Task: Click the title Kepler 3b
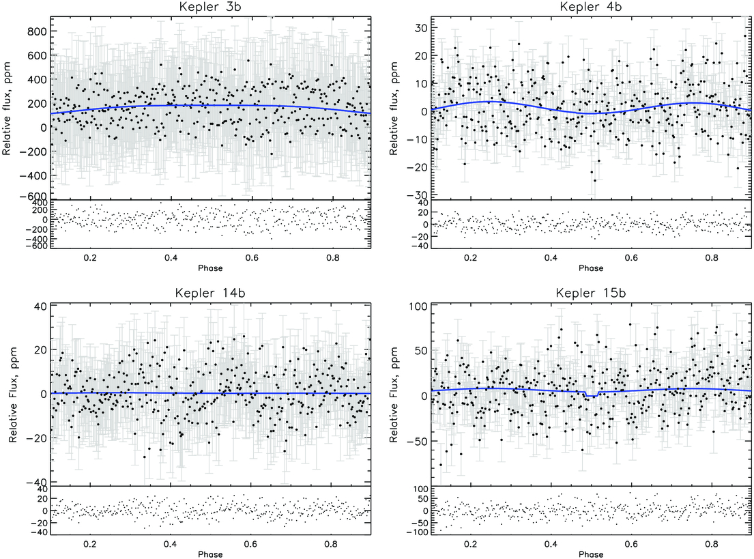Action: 210,7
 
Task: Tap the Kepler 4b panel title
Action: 590,7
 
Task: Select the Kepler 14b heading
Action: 210,293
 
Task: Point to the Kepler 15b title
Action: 590,293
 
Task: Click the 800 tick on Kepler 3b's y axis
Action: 37,31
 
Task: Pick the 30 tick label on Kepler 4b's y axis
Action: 421,29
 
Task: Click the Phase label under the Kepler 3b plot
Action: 210,268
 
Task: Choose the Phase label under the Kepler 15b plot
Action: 590,554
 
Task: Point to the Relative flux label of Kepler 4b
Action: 394,109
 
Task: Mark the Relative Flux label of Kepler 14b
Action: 14,395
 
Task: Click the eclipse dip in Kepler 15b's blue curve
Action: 591,395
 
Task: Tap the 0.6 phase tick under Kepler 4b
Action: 631,258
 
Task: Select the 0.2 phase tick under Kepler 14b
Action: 90,544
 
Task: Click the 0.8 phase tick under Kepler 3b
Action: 332,258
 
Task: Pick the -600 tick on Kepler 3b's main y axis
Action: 33,197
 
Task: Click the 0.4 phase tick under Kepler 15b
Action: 551,544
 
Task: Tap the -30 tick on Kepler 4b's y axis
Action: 418,195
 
